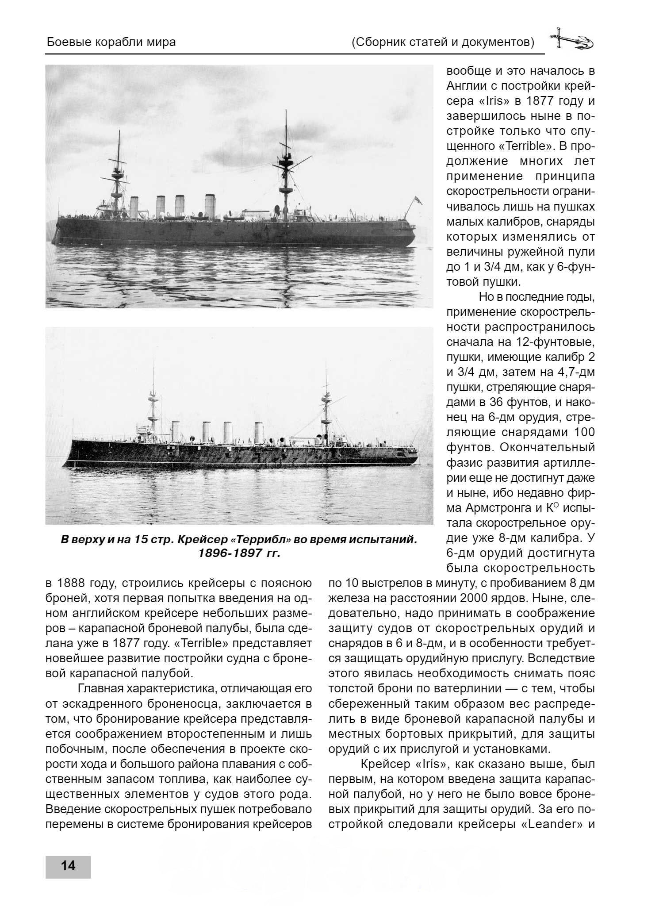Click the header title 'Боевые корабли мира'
tap(111, 42)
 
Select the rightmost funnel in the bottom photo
tap(258, 432)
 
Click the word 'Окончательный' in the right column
tap(547, 447)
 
